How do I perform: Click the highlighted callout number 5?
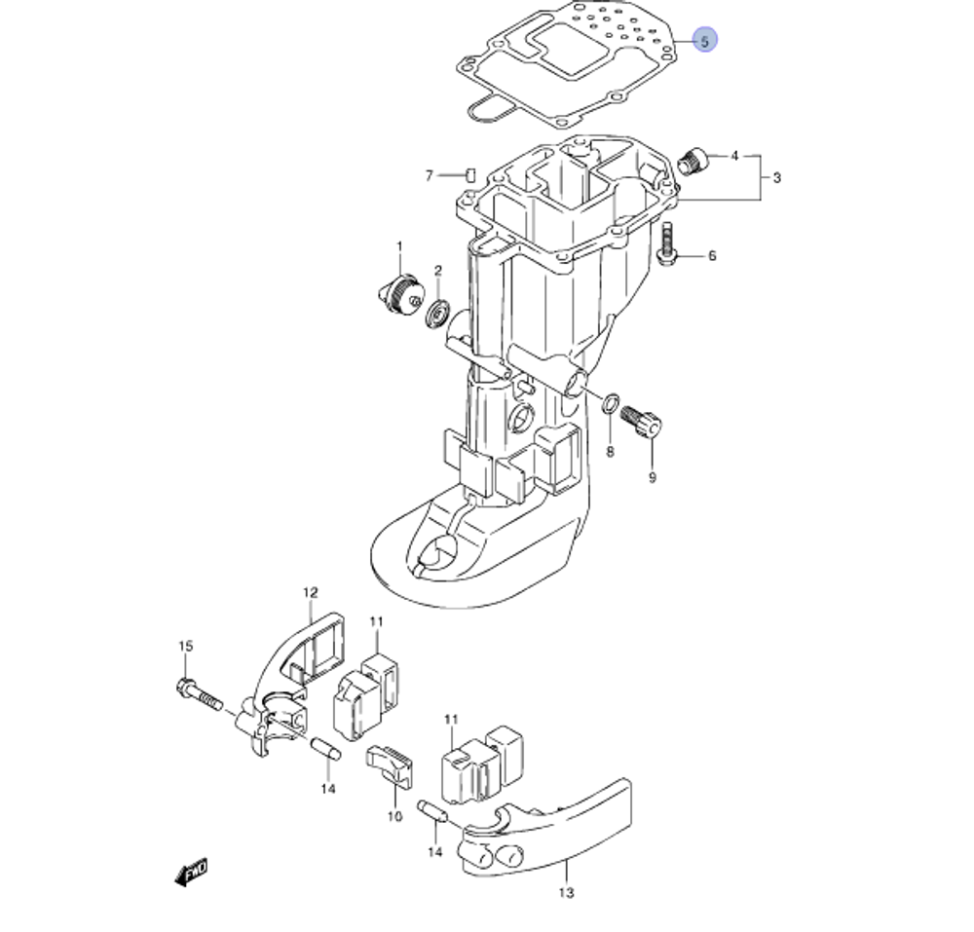(705, 41)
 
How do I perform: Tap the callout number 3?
(776, 178)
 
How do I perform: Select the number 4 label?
(734, 156)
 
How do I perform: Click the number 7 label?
(428, 175)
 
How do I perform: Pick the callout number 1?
(398, 246)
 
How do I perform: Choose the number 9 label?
(653, 477)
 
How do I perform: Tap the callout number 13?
(567, 892)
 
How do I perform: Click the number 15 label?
(185, 646)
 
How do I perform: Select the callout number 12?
(310, 592)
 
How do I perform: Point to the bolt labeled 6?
(667, 243)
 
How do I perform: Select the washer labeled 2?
(438, 314)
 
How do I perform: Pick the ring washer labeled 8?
(612, 403)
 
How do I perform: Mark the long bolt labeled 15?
(201, 694)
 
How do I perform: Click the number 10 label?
(394, 816)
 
